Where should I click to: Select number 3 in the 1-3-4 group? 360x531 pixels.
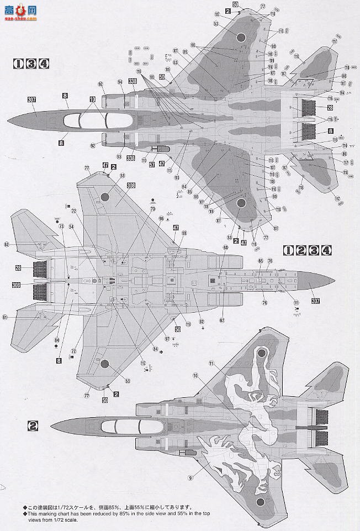pos(31,64)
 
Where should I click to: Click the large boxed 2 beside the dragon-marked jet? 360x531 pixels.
pos(33,426)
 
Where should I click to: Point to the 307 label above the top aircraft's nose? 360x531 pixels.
pos(31,100)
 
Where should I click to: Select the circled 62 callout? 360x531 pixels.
pos(7,244)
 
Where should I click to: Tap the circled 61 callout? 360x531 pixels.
pos(5,317)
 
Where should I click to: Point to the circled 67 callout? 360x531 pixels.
pos(222,320)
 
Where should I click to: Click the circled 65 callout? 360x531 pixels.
pos(260,260)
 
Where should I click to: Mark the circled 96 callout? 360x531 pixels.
pos(161,218)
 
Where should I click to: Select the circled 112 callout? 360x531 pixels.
pos(143,363)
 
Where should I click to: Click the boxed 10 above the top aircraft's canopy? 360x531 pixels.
pos(92,99)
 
